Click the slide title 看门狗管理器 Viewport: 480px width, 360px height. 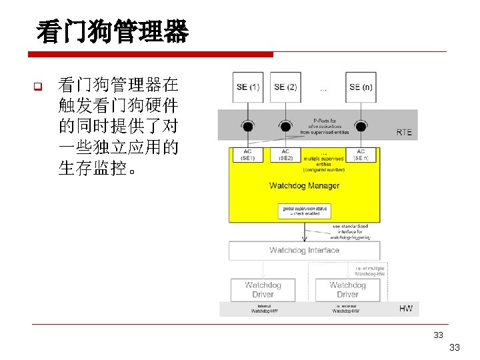(x=113, y=31)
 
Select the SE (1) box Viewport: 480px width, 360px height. (x=248, y=87)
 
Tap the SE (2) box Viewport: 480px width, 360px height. (x=285, y=87)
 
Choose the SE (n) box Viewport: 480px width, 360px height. (x=361, y=87)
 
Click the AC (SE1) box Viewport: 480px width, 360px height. (x=248, y=155)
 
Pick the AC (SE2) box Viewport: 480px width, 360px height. (x=285, y=155)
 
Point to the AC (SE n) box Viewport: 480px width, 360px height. (x=361, y=155)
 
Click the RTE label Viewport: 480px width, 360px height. (x=404, y=133)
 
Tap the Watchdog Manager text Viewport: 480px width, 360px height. (x=304, y=185)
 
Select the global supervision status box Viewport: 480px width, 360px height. (x=304, y=211)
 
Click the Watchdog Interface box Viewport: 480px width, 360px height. (x=304, y=251)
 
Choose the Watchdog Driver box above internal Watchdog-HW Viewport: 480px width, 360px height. (x=263, y=289)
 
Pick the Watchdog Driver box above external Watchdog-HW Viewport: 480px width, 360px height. (x=347, y=289)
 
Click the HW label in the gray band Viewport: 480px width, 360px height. (x=405, y=309)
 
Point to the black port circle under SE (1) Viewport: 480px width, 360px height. (x=248, y=126)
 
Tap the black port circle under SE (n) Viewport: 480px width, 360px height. (x=361, y=126)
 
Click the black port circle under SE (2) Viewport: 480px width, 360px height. (x=285, y=126)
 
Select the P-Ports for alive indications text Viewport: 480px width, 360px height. (x=325, y=126)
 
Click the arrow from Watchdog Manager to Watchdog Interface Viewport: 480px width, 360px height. (x=305, y=232)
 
